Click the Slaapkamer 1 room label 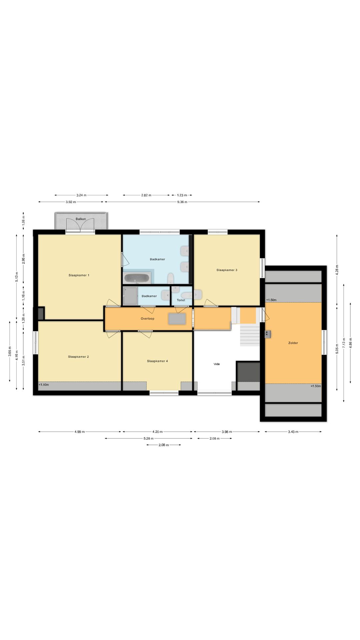coord(79,275)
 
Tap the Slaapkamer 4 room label coord(157,361)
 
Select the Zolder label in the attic coord(293,343)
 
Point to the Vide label coord(217,364)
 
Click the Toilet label coord(181,300)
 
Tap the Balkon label coord(81,219)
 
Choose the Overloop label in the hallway coord(147,319)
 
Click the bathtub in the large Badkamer coord(137,278)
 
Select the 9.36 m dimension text coord(182,202)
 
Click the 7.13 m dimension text coord(344,343)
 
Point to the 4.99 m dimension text coord(80,432)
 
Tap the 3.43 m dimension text coord(293,432)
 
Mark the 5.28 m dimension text coord(148,439)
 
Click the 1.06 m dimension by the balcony coord(23,221)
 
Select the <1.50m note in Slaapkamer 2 coord(44,385)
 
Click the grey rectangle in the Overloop coord(177,319)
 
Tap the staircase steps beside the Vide coord(250,335)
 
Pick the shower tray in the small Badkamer coord(130,296)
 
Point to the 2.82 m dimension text coord(146,195)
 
